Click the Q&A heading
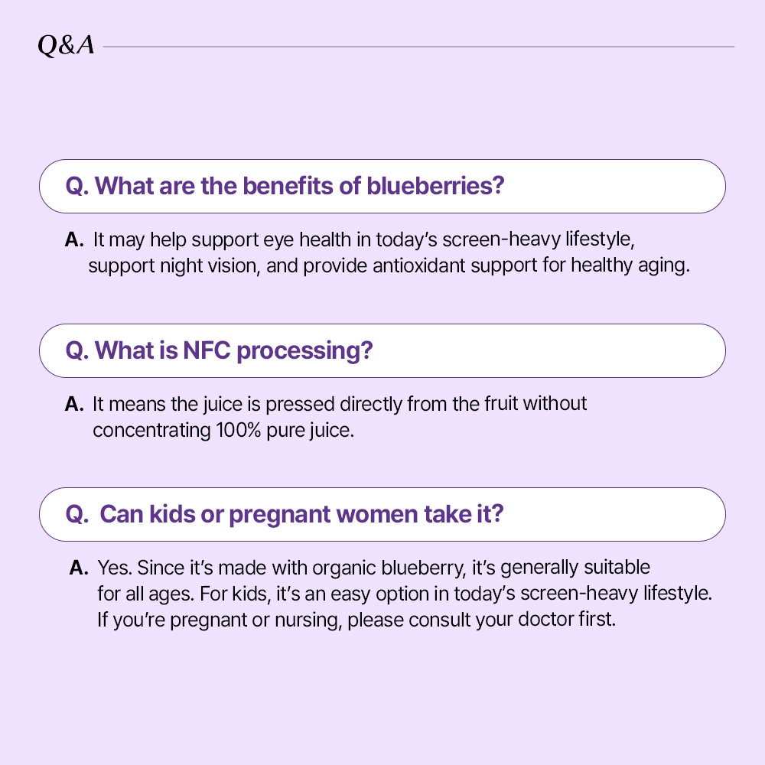[x=66, y=45]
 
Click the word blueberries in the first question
[x=435, y=186]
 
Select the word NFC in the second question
[x=207, y=350]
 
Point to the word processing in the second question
[x=305, y=351]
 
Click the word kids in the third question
[x=172, y=514]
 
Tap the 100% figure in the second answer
[x=239, y=430]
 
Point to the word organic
[x=344, y=568]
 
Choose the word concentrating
[x=151, y=431]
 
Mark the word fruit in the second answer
[x=501, y=404]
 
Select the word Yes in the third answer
[x=115, y=568]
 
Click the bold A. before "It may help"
[x=74, y=239]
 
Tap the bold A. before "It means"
[x=74, y=404]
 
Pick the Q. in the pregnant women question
[x=77, y=515]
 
